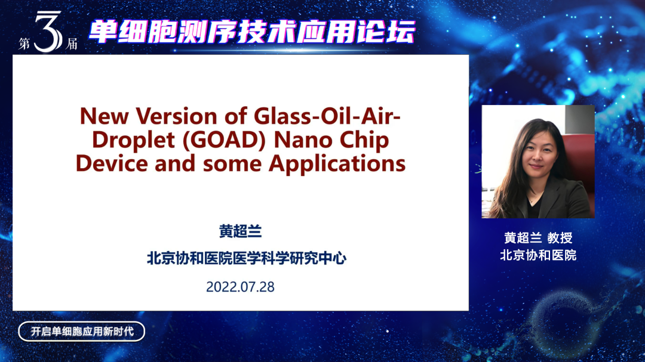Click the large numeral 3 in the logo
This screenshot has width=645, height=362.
pyautogui.click(x=48, y=32)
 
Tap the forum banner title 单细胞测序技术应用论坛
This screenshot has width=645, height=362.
pyautogui.click(x=252, y=32)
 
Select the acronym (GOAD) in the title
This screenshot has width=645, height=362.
pyautogui.click(x=225, y=140)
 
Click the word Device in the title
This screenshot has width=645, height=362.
pyautogui.click(x=112, y=163)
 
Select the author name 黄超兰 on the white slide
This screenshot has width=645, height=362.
pyautogui.click(x=240, y=231)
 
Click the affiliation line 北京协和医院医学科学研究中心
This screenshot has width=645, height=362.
pyautogui.click(x=247, y=258)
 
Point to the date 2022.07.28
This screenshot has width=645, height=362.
pyautogui.click(x=240, y=287)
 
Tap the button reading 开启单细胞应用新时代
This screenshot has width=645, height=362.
pyautogui.click(x=81, y=332)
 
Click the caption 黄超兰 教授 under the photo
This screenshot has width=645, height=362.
pyautogui.click(x=538, y=237)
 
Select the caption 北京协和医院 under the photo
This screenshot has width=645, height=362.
pyautogui.click(x=538, y=255)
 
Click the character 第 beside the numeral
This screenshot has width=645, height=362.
pyautogui.click(x=24, y=44)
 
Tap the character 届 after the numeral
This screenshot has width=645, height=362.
pyautogui.click(x=72, y=44)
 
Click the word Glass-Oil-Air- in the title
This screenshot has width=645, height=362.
pyautogui.click(x=327, y=116)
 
